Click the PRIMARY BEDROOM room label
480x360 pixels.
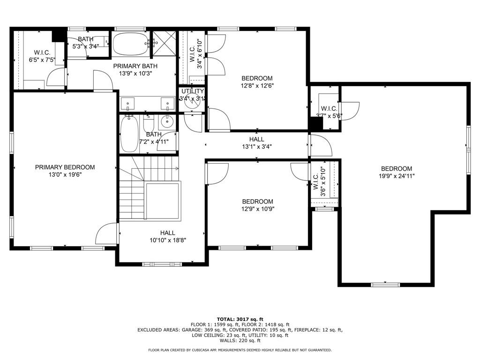pyautogui.click(x=65, y=167)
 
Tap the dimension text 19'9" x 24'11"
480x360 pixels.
pyautogui.click(x=397, y=176)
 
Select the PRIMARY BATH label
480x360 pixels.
pyautogui.click(x=135, y=66)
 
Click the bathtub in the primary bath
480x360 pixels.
pyautogui.click(x=131, y=45)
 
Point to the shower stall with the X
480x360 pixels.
pyautogui.click(x=165, y=43)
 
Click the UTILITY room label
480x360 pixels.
pyautogui.click(x=193, y=91)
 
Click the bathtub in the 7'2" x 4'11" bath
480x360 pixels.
pyautogui.click(x=129, y=134)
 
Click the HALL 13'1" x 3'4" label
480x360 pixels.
pyautogui.click(x=257, y=143)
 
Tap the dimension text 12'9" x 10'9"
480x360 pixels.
pyautogui.click(x=258, y=209)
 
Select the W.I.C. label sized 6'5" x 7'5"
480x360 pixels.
pyautogui.click(x=42, y=56)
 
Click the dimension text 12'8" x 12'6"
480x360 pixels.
pyautogui.click(x=257, y=86)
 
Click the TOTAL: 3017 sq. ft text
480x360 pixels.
pyautogui.click(x=240, y=319)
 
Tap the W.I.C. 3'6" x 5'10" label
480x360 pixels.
pyautogui.click(x=320, y=181)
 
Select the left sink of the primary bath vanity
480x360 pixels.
pyautogui.click(x=127, y=104)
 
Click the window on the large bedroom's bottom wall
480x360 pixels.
pyautogui.click(x=385, y=285)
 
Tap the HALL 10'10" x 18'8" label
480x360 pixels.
pyautogui.click(x=168, y=237)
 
